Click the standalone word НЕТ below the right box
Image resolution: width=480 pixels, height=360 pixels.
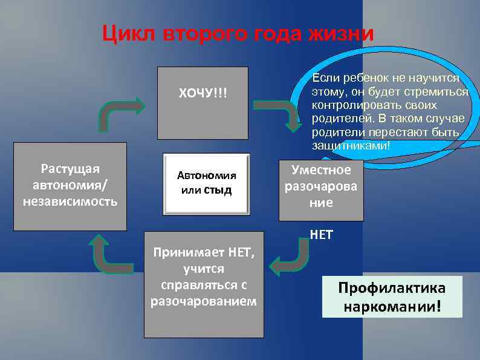[321, 235]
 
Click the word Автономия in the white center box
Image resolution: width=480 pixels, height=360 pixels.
[206, 176]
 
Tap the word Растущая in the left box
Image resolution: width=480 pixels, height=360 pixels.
[70, 168]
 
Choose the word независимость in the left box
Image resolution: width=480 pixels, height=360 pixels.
[70, 200]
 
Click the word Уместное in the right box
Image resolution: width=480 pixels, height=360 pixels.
[321, 170]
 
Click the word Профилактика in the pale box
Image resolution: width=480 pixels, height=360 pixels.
[392, 287]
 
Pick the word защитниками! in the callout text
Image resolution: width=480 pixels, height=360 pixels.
[351, 146]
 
